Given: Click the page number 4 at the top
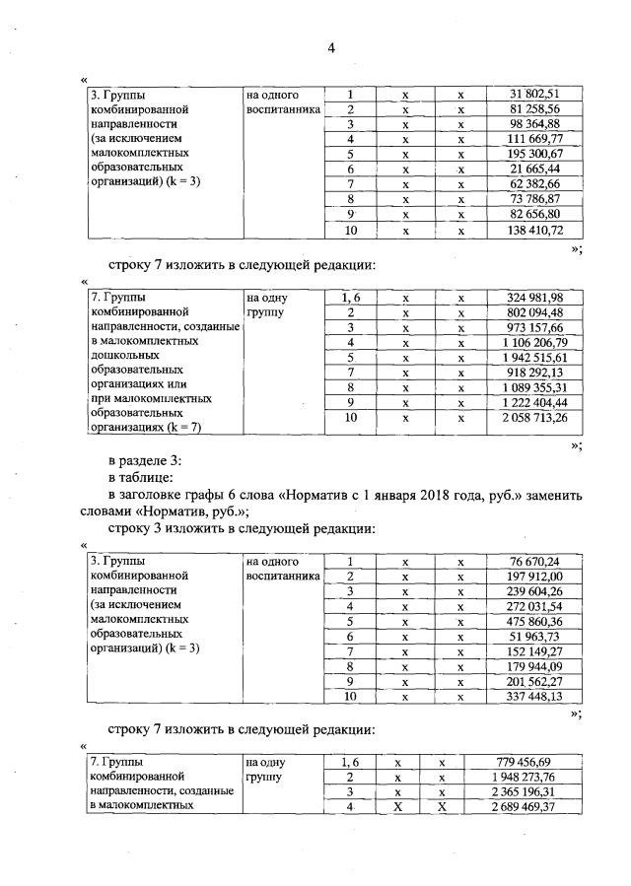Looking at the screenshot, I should tap(332, 47).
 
